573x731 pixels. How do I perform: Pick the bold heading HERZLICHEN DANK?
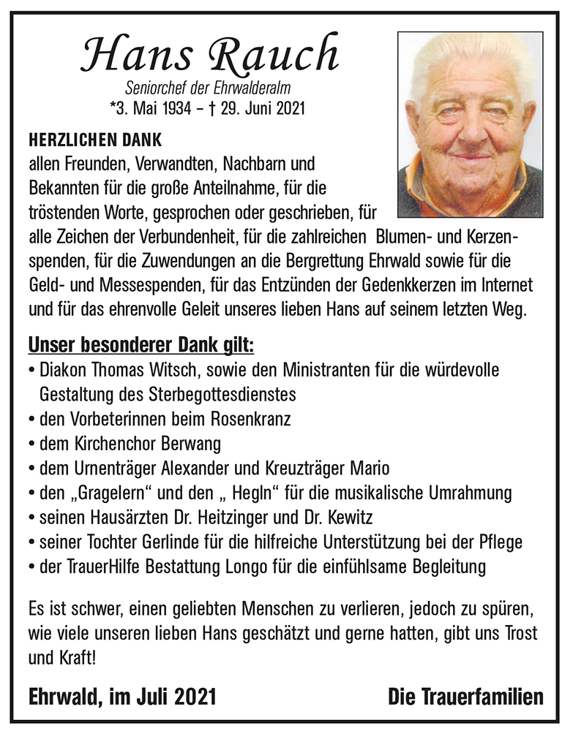[x=94, y=139]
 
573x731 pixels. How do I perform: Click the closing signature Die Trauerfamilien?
[x=466, y=695]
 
